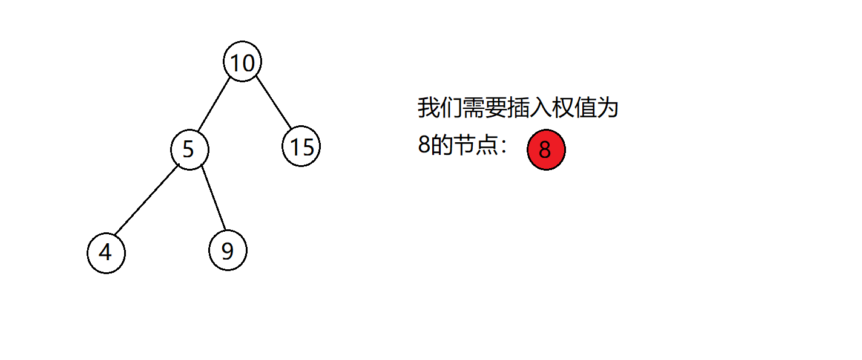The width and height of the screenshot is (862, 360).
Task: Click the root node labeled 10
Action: pos(242,62)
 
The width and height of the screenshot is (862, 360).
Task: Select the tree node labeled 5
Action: pos(189,149)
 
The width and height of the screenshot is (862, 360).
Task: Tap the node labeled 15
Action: pos(301,146)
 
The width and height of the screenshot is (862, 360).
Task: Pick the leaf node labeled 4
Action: pos(106,253)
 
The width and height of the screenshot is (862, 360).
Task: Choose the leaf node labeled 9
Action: pos(228,250)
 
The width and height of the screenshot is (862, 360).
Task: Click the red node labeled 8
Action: pos(546,149)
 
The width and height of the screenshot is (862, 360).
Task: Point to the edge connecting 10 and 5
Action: pos(214,104)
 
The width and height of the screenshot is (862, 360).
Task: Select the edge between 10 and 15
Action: pos(274,102)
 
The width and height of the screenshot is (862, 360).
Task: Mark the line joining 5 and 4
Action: pos(146,200)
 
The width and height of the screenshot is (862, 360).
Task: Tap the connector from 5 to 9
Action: pos(214,198)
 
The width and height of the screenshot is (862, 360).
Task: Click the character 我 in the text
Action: pos(429,107)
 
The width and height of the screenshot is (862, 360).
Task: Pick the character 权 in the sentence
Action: pos(562,107)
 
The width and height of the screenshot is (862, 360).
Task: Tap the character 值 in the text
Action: pos(585,107)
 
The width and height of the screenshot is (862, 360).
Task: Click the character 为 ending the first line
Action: pos(607,107)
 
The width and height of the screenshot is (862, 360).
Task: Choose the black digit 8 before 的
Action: pos(424,145)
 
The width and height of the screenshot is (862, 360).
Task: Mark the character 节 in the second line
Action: pos(464,145)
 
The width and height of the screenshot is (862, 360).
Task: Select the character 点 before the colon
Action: pos(487,145)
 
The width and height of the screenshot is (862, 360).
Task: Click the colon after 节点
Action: pos(504,146)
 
